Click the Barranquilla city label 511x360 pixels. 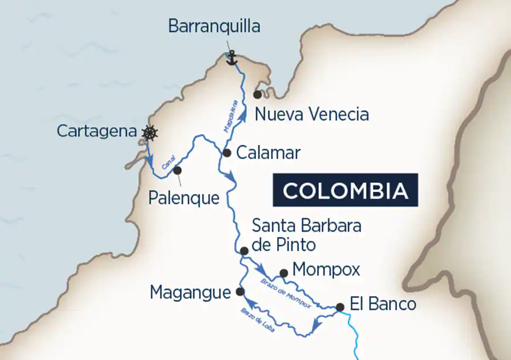[x=214, y=26]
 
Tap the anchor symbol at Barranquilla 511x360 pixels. [x=232, y=57]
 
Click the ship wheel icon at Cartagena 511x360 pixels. [x=149, y=133]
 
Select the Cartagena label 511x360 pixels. [x=97, y=131]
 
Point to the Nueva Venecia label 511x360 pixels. [x=311, y=114]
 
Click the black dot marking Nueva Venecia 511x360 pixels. [x=258, y=94]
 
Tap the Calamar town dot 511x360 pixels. [x=226, y=153]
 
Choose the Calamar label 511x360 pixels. [x=268, y=153]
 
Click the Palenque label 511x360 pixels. [x=184, y=198]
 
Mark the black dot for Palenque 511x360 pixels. [x=177, y=170]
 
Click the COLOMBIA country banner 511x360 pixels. [x=345, y=190]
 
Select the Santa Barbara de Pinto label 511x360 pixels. [x=306, y=235]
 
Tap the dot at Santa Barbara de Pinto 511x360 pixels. [x=244, y=251]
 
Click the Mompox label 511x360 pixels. [x=326, y=269]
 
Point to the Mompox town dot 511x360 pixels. [x=283, y=273]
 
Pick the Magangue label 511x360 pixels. [x=190, y=293]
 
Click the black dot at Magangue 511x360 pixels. [x=240, y=292]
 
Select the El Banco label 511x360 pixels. [x=383, y=304]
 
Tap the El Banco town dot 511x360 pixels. [x=340, y=307]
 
